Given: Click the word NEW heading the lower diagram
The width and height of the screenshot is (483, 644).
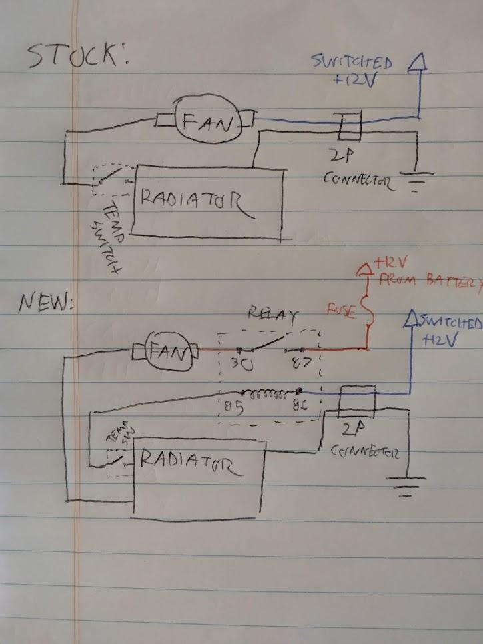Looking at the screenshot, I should (45, 303).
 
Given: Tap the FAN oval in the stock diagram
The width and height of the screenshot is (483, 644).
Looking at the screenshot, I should (207, 121).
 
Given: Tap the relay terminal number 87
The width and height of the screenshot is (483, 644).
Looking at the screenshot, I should (295, 364).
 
